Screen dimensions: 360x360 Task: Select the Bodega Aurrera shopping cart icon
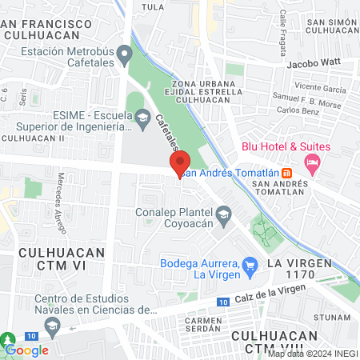[250, 264]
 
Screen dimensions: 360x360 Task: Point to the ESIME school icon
[142, 120]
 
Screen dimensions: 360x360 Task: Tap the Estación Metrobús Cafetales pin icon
[124, 56]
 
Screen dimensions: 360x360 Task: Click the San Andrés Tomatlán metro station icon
[288, 173]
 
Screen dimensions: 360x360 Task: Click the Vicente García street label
[320, 88]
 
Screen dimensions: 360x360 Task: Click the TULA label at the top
[151, 6]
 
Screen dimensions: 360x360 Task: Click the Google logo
[27, 350]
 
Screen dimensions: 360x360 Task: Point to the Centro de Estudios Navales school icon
[53, 325]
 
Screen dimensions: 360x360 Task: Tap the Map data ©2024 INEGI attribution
[312, 354]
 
